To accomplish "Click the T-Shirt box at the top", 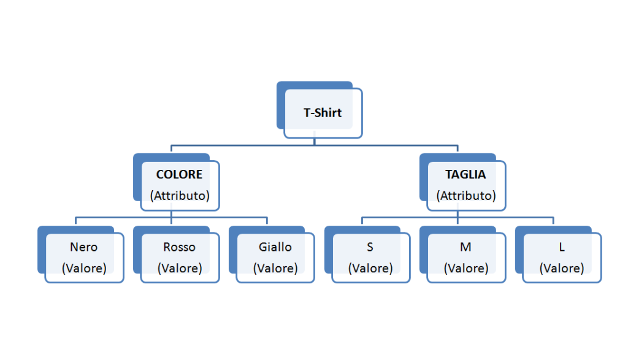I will tap(323, 113).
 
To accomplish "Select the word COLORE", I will tap(179, 174).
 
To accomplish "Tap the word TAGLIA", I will tap(465, 174).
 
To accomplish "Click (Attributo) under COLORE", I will tap(180, 196).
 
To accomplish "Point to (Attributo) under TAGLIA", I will tap(466, 196).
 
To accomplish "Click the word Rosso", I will tap(179, 247).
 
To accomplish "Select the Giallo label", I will tap(275, 247).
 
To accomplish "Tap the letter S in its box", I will tap(370, 247).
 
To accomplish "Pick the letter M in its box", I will tap(465, 247).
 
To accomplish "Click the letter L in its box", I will tap(561, 247).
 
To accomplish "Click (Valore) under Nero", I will tap(84, 268).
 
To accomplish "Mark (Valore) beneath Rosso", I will tap(180, 268).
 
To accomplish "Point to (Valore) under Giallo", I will tap(275, 268).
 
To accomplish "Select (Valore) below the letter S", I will tap(370, 268).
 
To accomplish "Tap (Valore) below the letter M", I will tap(466, 268).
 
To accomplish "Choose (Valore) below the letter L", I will tap(562, 268).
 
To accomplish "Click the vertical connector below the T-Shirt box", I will tap(314, 140).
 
